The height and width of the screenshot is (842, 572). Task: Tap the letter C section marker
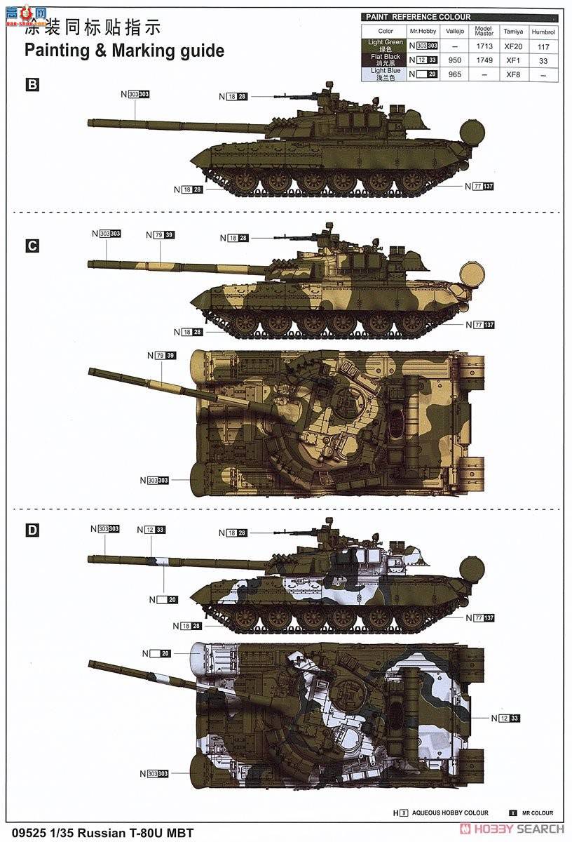pyautogui.click(x=32, y=246)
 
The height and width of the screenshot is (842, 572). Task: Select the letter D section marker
pyautogui.click(x=32, y=530)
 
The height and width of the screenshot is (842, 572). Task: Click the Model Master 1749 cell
pyautogui.click(x=484, y=60)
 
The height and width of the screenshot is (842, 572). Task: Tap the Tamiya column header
pyautogui.click(x=514, y=32)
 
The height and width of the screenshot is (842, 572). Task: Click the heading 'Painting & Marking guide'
pyautogui.click(x=125, y=51)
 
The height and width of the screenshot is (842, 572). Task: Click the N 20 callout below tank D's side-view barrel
pyautogui.click(x=163, y=599)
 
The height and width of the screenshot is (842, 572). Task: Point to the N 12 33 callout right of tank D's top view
pyautogui.click(x=506, y=718)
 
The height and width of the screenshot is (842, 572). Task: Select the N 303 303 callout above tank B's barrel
pyautogui.click(x=135, y=94)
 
